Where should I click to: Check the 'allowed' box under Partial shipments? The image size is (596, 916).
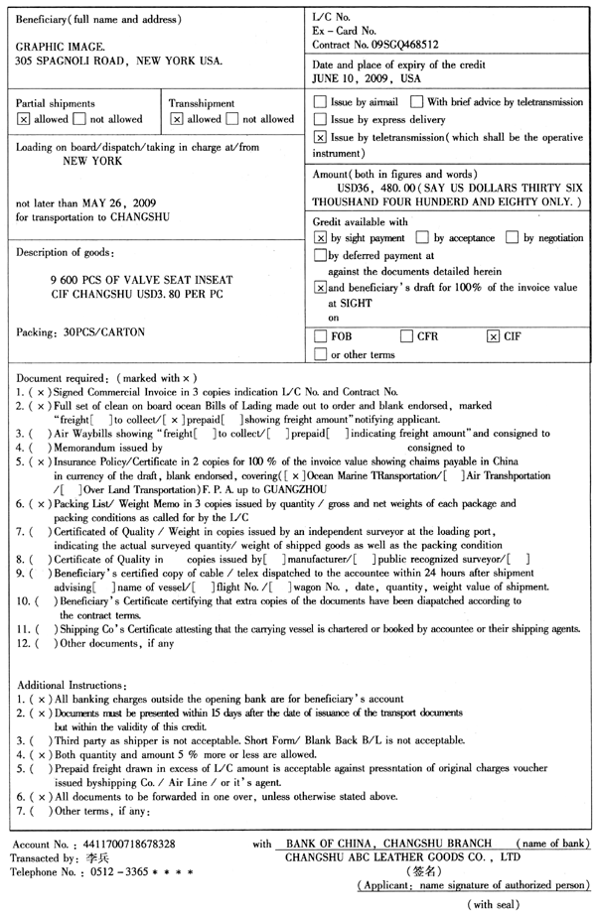tap(23, 119)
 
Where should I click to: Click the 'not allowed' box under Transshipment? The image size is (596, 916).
tap(233, 119)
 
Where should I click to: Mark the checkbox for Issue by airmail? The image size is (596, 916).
tap(320, 102)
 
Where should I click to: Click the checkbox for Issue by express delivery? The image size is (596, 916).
tap(320, 119)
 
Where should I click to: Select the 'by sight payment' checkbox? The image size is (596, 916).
tap(320, 238)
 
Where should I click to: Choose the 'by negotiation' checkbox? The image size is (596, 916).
tap(512, 238)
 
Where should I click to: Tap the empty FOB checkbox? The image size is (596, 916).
tap(320, 336)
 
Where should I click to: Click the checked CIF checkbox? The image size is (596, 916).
tap(493, 336)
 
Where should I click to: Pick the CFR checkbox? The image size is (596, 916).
tap(406, 336)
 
